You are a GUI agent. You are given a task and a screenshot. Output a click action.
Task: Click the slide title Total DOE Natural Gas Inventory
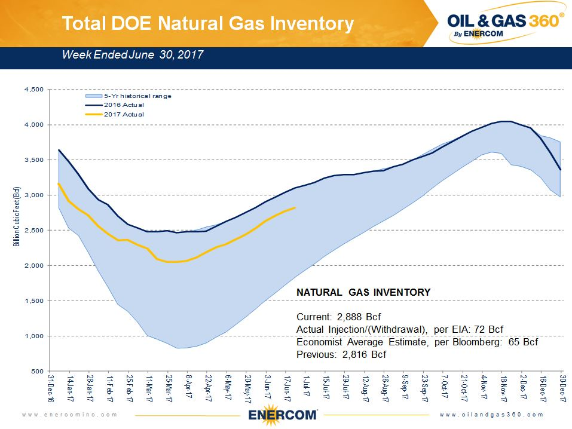coord(208,24)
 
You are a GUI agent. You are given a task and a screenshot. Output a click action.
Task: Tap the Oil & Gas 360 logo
coord(504,24)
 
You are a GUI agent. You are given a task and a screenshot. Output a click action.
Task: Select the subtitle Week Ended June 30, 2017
coord(133,55)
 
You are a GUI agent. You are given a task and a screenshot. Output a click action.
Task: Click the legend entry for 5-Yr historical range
coord(137,96)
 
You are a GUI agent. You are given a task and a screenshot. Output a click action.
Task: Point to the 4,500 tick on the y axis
coord(33,90)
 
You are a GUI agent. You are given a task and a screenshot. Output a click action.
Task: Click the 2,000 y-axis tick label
coord(33,266)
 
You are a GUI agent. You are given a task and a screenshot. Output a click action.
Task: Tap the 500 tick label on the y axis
coord(37,372)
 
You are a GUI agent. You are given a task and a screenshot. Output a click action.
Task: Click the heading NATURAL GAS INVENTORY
coord(363,292)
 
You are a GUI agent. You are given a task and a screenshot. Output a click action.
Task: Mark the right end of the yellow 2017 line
coord(295,207)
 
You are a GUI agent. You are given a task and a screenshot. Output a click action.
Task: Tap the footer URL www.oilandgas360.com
coord(491,415)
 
